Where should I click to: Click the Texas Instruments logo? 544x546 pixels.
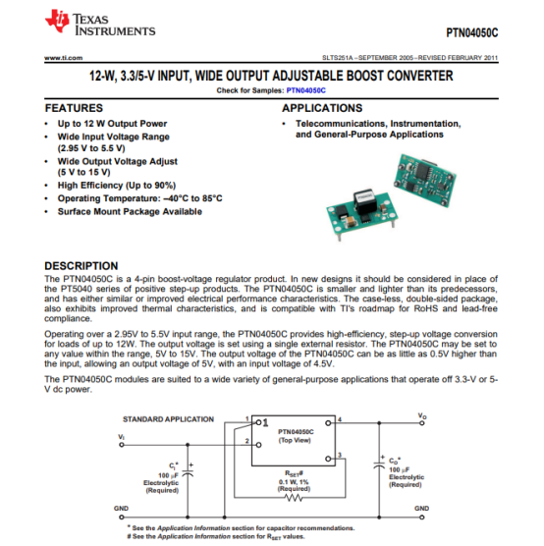tap(100, 22)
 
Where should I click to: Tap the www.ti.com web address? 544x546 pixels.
tap(64, 58)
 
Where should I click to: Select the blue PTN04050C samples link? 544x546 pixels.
tap(305, 90)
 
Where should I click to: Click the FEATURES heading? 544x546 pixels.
tap(74, 108)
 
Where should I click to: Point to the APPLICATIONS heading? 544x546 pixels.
tap(322, 108)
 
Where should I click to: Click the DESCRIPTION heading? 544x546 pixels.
tap(82, 266)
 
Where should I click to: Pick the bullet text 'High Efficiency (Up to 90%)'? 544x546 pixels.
tap(117, 186)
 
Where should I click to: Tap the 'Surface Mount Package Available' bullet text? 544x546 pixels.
tap(130, 212)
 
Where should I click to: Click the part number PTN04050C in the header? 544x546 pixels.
tap(472, 32)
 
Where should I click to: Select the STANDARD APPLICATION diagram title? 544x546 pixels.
tap(168, 419)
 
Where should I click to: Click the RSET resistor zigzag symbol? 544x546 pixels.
tap(294, 498)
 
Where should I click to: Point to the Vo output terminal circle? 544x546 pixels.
tap(422, 423)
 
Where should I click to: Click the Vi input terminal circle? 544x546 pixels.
tap(122, 445)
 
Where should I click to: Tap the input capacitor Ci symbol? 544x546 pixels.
tap(188, 473)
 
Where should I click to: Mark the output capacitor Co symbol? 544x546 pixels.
tap(379, 464)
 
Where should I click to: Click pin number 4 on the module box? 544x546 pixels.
tap(340, 419)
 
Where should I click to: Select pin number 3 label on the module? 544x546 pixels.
tap(340, 455)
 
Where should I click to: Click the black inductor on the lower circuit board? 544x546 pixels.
tap(364, 201)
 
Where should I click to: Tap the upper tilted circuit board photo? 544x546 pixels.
tap(424, 180)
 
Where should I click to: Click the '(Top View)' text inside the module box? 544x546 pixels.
tap(295, 440)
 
